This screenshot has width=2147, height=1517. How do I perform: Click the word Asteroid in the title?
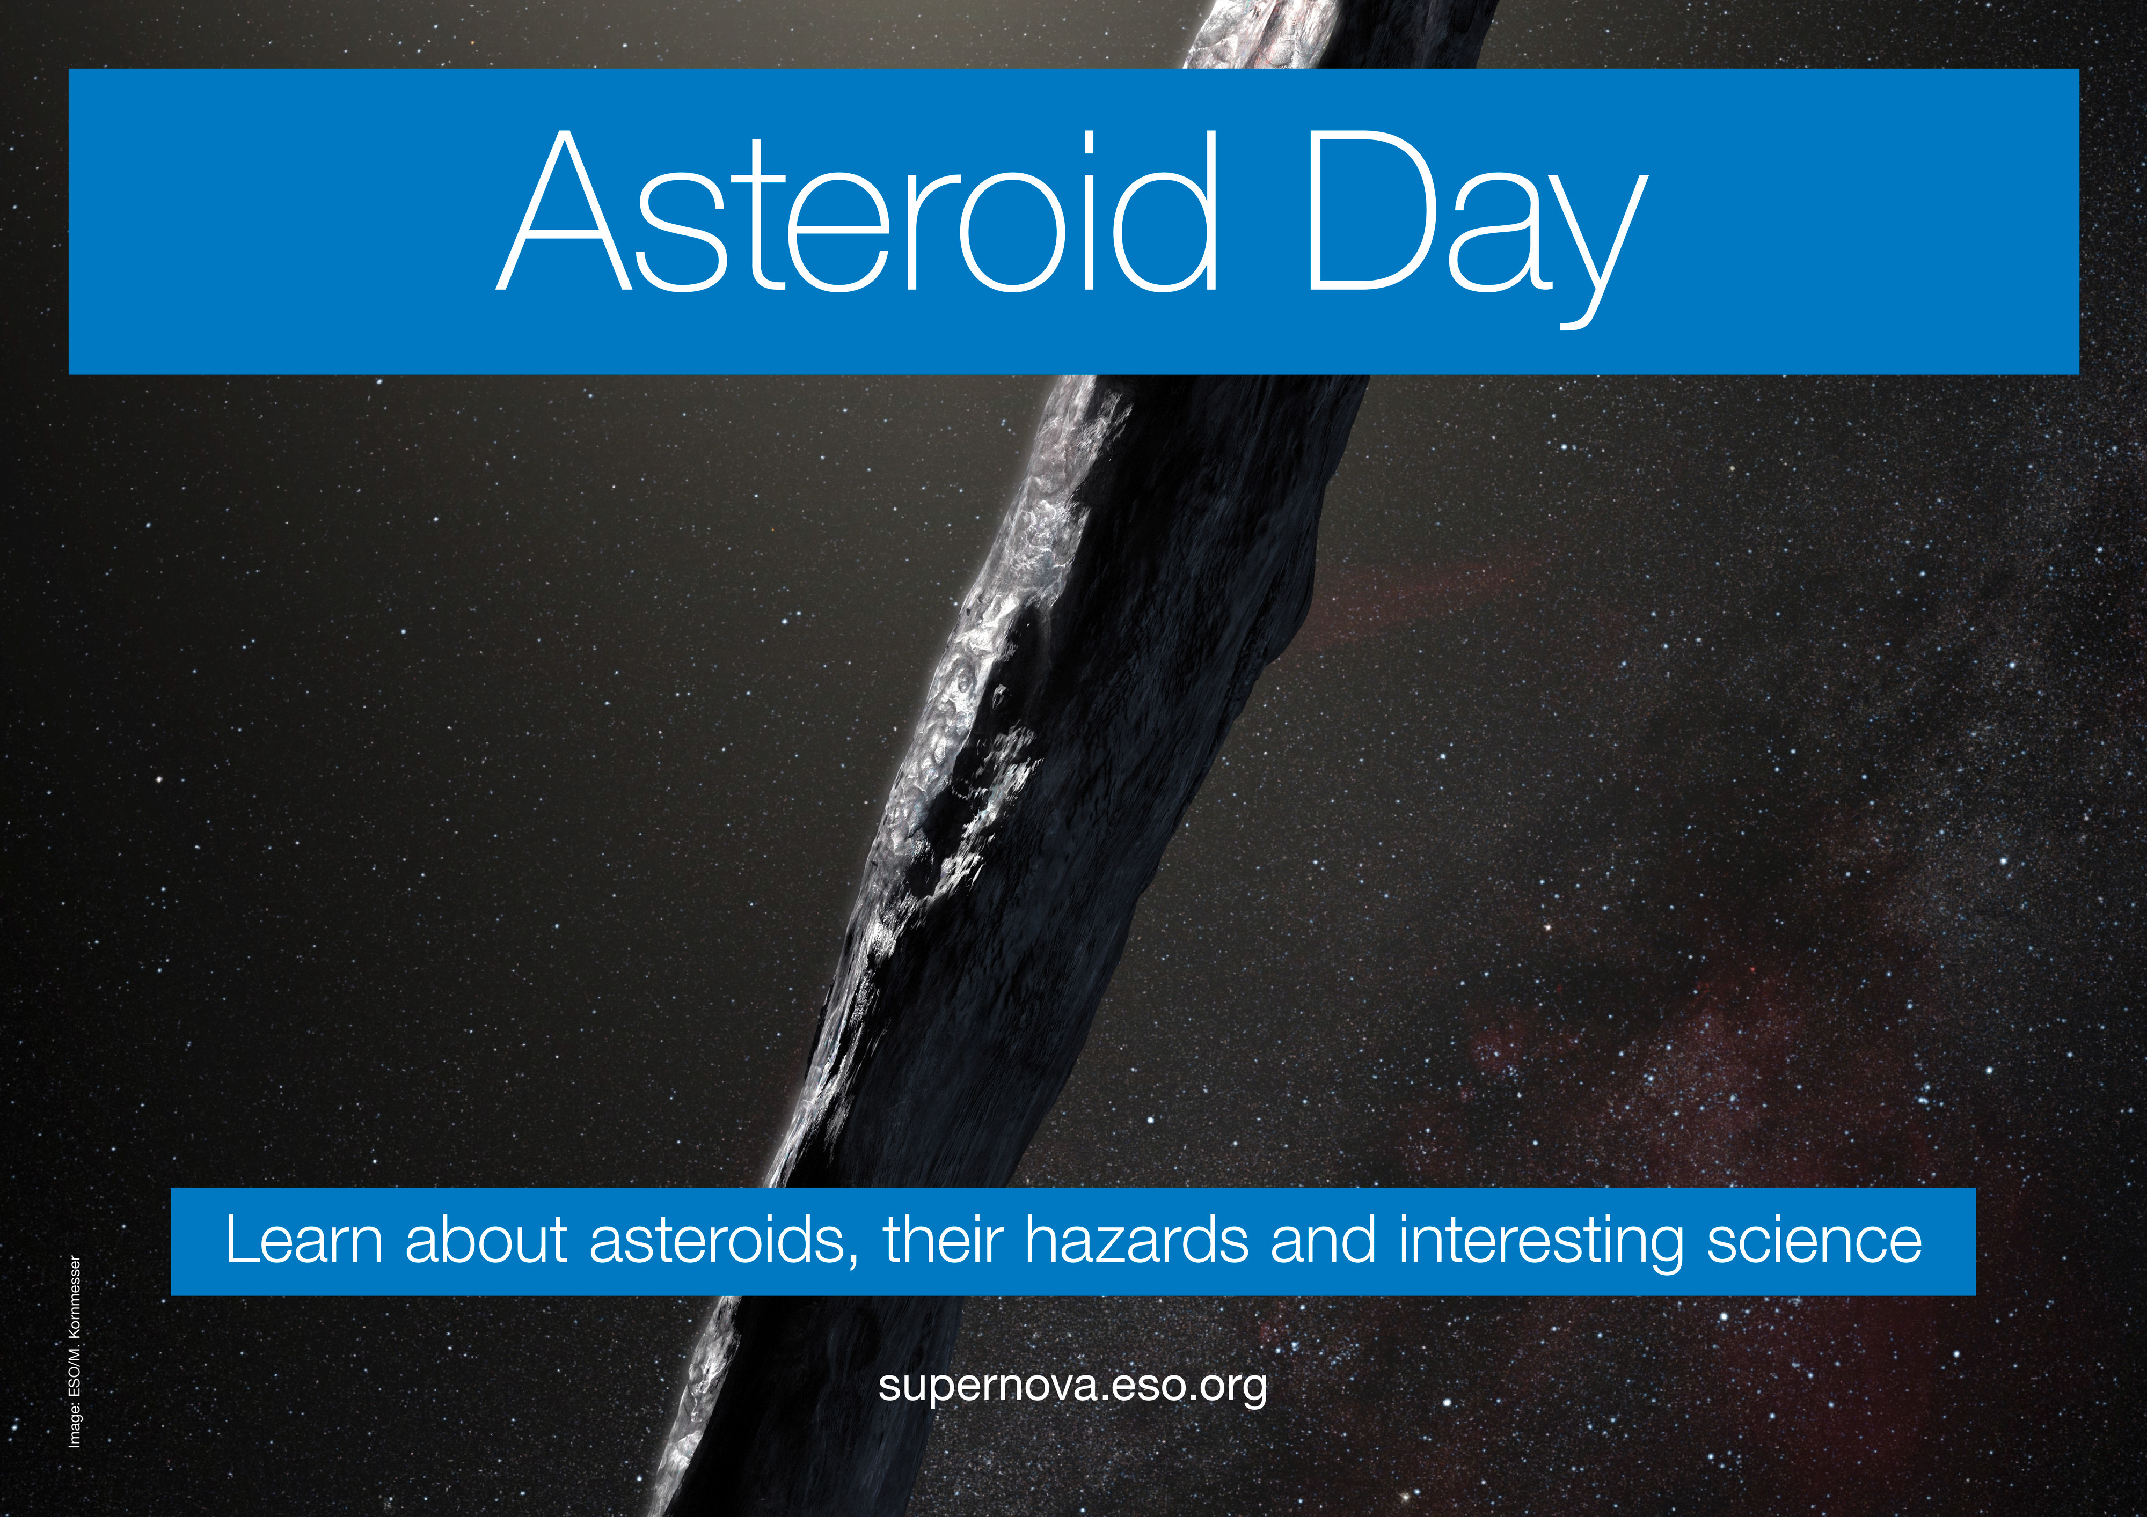(x=858, y=211)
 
